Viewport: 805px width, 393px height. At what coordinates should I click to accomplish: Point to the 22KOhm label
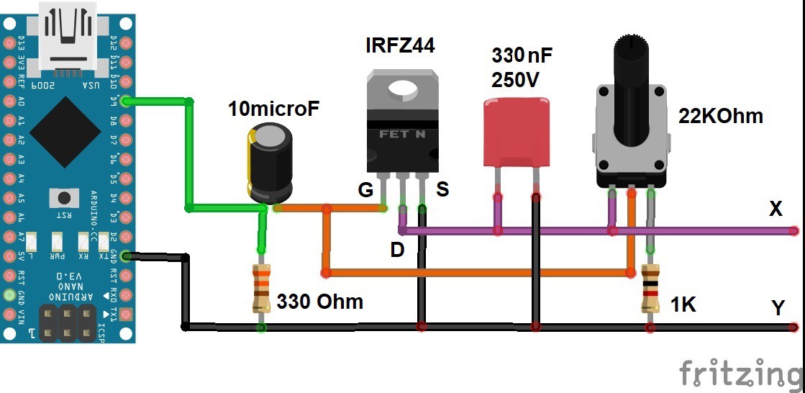[x=720, y=116]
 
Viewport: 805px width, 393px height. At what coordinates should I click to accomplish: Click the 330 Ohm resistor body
[x=261, y=288]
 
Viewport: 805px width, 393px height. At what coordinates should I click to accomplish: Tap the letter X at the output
[x=776, y=209]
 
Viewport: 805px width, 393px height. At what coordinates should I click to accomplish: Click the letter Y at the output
[x=778, y=308]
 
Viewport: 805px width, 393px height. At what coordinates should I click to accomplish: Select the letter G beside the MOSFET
[x=366, y=190]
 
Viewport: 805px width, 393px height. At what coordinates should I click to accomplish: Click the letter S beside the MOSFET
[x=442, y=190]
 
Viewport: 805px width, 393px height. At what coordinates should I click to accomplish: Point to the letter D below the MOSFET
[x=397, y=250]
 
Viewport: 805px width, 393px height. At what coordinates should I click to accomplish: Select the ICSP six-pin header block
[x=68, y=323]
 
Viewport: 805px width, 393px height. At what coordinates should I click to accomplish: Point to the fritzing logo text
[x=740, y=373]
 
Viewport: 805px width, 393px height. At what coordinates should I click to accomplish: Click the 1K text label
[x=683, y=304]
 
